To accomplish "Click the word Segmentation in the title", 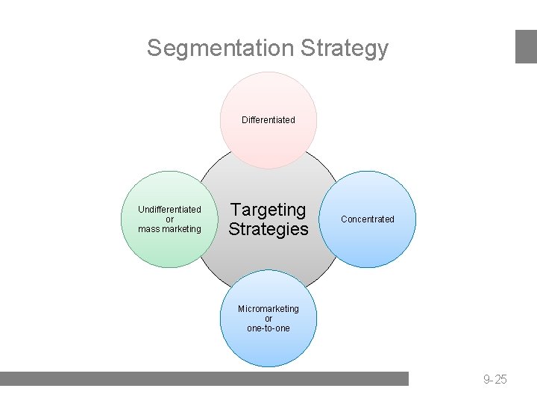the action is [220, 48].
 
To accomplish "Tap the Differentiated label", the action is [268, 119].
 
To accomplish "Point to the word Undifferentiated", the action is [169, 210].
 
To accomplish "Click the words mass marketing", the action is [169, 229].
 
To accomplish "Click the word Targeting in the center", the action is [268, 210].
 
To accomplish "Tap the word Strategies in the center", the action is [268, 229].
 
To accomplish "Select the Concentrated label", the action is [368, 219].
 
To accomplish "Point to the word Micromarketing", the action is [268, 309].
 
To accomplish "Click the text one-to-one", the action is [268, 328].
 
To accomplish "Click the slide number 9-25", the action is [494, 380].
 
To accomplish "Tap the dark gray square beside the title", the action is [526, 46].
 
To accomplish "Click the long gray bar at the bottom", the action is [204, 378].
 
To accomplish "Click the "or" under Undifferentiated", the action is [169, 219].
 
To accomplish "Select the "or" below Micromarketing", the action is [268, 319].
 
